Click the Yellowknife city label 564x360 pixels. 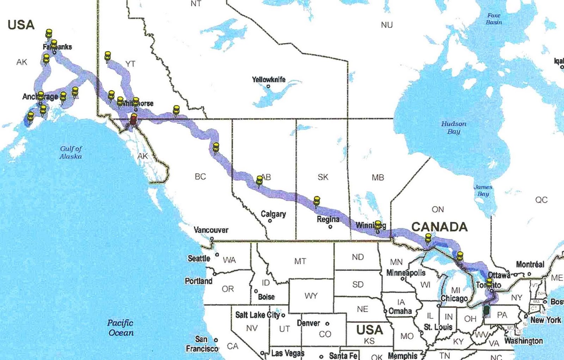tap(269, 80)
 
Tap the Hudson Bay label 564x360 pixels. tap(454, 128)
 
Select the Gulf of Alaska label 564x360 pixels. tap(71, 153)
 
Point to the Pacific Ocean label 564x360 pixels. tap(121, 328)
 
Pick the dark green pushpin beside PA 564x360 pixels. tap(487, 310)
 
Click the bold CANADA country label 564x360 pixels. tap(440, 227)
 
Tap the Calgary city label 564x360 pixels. tap(273, 214)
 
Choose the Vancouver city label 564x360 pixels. tap(211, 230)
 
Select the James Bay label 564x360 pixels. tap(483, 190)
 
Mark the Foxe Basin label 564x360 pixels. tap(494, 19)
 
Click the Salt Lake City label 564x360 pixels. tap(257, 315)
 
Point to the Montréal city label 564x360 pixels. tap(530, 264)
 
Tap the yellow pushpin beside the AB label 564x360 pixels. tap(259, 181)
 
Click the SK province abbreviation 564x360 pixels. tap(323, 177)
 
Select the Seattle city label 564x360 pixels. tap(199, 258)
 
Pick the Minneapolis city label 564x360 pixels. tap(406, 273)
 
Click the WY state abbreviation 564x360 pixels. tap(311, 296)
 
